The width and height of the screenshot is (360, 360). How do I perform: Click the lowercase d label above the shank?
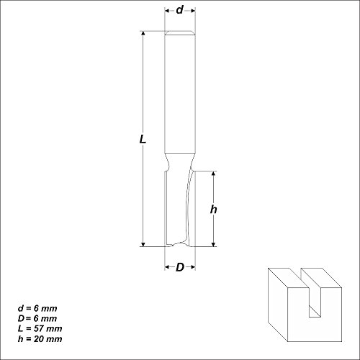179,11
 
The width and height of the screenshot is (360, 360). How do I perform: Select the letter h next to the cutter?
213,210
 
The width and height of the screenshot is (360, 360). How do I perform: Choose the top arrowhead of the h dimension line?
214,174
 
